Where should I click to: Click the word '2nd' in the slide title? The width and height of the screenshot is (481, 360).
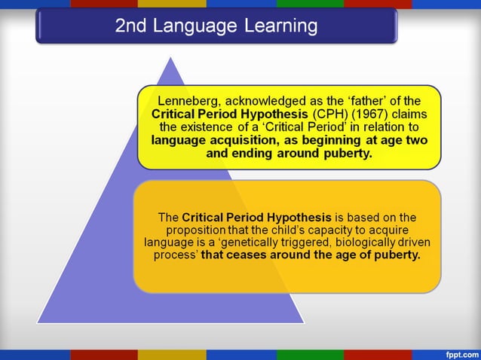131,26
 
